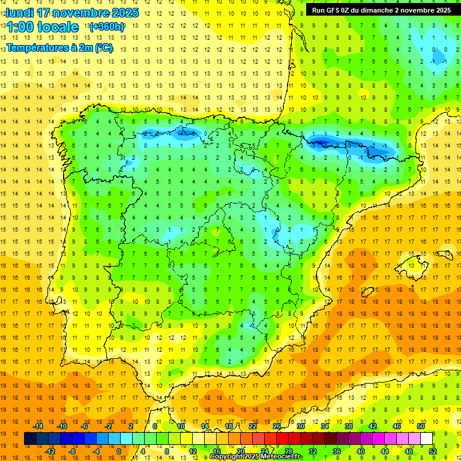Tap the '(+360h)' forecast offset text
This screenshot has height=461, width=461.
click(x=107, y=27)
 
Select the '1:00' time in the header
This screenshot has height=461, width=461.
click(x=22, y=27)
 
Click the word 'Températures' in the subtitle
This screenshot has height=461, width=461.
click(x=37, y=47)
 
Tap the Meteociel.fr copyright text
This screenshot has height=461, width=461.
click(x=256, y=457)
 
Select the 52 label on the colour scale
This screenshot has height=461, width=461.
click(x=433, y=451)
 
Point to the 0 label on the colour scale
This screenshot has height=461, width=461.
click(x=119, y=451)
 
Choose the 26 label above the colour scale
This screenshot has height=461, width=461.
click(x=277, y=426)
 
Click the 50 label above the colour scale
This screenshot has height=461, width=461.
click(x=421, y=426)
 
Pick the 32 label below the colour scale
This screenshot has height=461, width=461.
click(x=313, y=451)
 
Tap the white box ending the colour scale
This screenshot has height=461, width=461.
click(x=426, y=439)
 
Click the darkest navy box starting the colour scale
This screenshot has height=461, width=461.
click(x=30, y=439)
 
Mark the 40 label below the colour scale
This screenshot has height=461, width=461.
click(x=361, y=451)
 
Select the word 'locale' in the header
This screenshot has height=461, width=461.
click(x=57, y=27)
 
